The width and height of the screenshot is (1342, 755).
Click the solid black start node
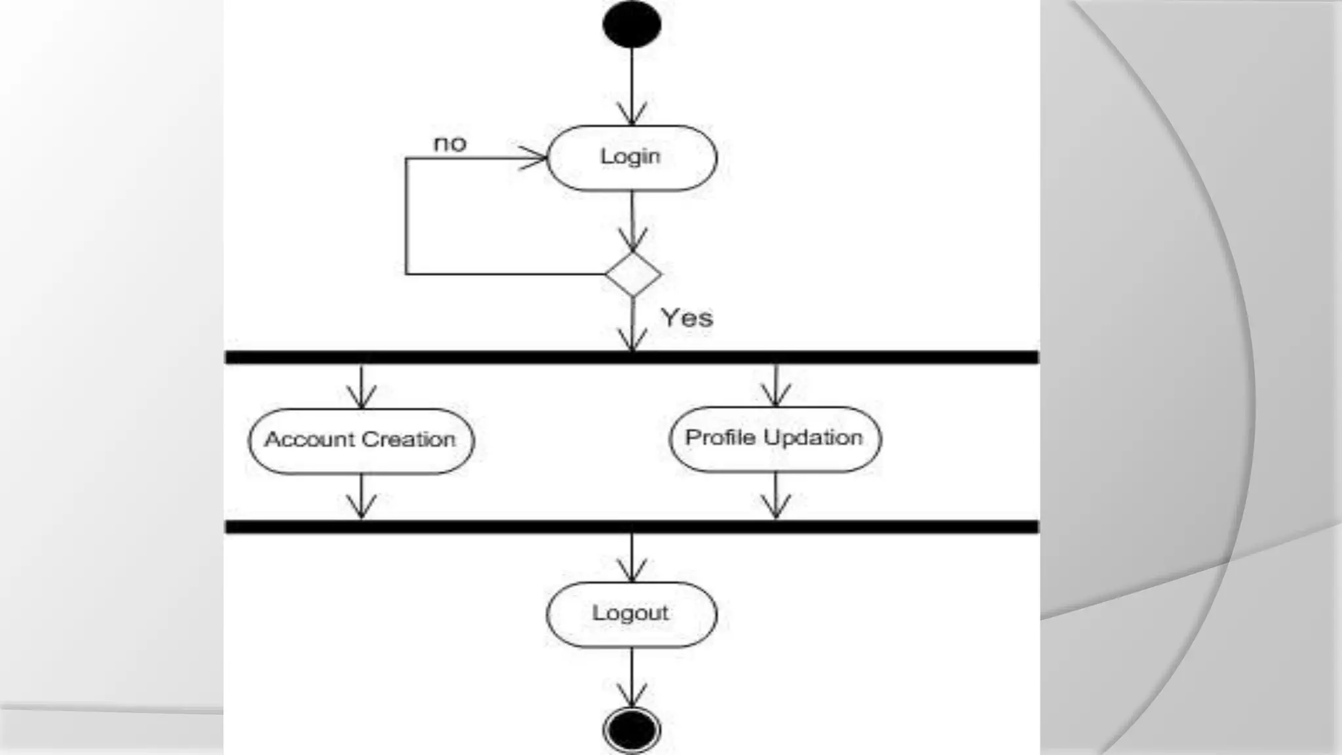[632, 24]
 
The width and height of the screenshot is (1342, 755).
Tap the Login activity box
[632, 158]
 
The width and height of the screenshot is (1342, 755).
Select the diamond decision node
[633, 274]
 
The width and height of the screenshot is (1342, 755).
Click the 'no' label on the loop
[450, 144]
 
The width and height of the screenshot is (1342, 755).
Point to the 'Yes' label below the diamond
[687, 318]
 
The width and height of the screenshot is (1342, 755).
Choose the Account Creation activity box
[361, 440]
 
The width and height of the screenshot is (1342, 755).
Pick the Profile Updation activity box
[775, 438]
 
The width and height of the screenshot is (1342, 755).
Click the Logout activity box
[632, 614]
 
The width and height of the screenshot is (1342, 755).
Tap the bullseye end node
[632, 729]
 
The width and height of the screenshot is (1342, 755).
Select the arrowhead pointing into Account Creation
[361, 397]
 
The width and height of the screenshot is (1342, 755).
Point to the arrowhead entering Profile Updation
[776, 395]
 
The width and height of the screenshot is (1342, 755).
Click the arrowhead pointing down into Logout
[632, 571]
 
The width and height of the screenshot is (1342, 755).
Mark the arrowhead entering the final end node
[632, 696]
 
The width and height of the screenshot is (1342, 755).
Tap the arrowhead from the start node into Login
[632, 114]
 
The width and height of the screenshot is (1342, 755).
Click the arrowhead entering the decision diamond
[632, 240]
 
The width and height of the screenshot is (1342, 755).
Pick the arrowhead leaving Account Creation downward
[361, 507]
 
